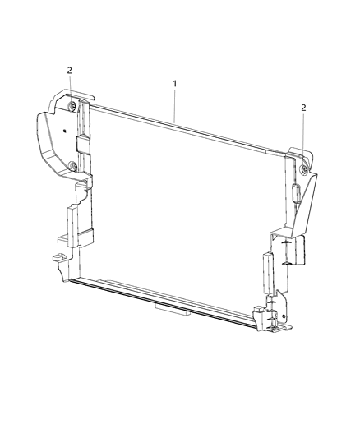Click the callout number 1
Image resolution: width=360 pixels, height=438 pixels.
174,84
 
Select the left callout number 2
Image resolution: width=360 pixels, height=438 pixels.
70,71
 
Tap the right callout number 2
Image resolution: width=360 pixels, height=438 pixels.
303,108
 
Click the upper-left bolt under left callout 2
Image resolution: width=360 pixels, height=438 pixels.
73,108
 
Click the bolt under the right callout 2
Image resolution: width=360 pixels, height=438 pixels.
304,169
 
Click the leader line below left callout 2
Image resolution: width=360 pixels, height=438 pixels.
72,90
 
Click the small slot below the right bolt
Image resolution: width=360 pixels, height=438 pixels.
293,195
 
